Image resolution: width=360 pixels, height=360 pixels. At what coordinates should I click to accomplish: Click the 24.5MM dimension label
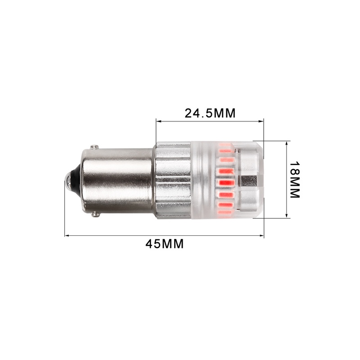coord(210,113)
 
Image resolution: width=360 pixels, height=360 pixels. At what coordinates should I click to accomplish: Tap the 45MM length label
coord(165,244)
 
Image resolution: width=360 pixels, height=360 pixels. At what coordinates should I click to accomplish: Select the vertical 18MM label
coord(295,180)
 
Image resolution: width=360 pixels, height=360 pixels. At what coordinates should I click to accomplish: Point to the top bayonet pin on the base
coord(94,147)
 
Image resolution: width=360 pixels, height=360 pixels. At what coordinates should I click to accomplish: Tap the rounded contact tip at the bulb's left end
coord(67,180)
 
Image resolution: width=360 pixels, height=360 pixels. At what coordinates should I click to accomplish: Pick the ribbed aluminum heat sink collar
coord(173,180)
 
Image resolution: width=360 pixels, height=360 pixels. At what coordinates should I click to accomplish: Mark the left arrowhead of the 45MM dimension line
coord(67,235)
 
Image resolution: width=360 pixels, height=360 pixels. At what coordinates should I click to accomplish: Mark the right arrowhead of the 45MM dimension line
coord(262,235)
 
